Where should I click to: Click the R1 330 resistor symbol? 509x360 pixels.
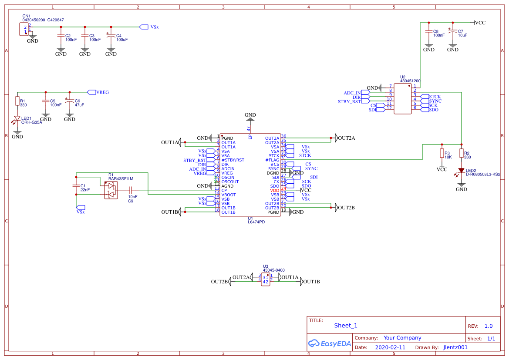click(17, 101)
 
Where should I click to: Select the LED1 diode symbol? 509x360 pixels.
click(17, 118)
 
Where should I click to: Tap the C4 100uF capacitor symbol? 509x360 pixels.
click(111, 36)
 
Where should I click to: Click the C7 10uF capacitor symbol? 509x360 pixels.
click(453, 32)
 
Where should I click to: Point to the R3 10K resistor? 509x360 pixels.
click(442, 153)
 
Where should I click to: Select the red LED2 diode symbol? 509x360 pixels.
click(462, 171)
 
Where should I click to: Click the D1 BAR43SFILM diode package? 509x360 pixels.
click(111, 190)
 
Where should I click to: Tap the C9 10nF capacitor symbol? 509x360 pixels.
click(131, 190)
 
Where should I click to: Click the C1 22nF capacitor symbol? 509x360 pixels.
click(76, 186)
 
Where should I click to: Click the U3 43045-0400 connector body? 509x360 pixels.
click(266, 279)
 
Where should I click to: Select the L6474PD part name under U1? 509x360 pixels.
click(256, 222)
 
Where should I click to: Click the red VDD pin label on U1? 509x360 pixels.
click(274, 190)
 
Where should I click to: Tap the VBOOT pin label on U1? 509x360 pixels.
click(229, 195)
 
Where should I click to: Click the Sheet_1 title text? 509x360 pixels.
click(346, 325)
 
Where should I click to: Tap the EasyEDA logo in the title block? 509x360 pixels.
click(329, 343)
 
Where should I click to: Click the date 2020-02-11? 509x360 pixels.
click(390, 347)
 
